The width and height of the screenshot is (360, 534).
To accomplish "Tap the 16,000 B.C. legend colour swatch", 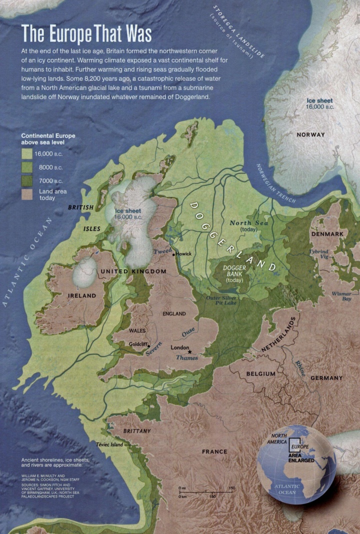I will (27, 154).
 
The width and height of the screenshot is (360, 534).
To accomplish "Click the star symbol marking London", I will (189, 352).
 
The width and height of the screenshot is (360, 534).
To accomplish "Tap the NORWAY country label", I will (310, 135).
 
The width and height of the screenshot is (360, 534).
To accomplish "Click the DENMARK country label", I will (327, 234).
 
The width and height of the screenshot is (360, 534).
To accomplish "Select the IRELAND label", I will (81, 295).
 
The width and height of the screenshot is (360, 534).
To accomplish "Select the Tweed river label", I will (162, 250).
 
